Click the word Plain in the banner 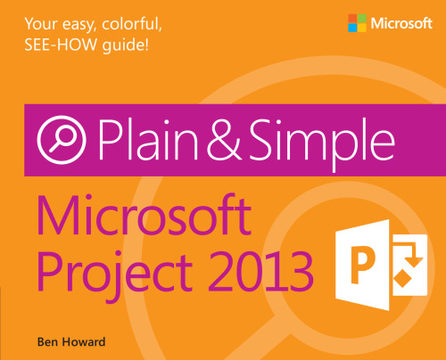[151, 140]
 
